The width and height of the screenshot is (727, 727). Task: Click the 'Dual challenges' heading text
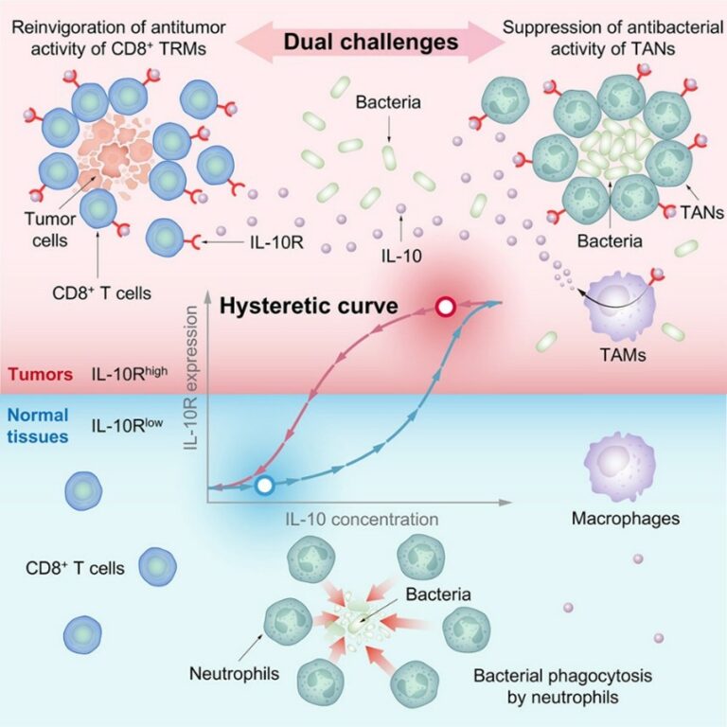tap(371, 43)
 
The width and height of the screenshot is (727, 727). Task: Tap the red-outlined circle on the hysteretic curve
tap(446, 307)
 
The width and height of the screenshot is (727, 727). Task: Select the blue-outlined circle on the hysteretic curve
tap(265, 486)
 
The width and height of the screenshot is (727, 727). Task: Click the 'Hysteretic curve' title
tap(309, 306)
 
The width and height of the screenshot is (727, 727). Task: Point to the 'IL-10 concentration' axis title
tap(363, 520)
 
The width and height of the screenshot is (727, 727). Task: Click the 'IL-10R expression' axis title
tap(190, 378)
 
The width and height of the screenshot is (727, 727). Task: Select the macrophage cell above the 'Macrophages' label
tap(620, 467)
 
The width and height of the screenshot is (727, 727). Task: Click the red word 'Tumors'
tap(41, 374)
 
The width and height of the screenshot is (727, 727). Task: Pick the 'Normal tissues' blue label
tap(38, 426)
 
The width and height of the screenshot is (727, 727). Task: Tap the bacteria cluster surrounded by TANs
tap(612, 148)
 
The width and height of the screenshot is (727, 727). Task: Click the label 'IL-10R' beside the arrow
tap(276, 242)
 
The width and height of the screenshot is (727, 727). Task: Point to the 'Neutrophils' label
tap(234, 673)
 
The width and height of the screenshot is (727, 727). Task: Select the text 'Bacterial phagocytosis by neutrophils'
tap(563, 686)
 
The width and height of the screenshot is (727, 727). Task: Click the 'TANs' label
tap(702, 212)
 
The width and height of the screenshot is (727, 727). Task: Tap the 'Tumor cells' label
tap(50, 229)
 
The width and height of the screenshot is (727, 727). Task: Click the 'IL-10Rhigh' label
tap(130, 373)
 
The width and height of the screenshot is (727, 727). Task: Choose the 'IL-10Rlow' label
tap(127, 425)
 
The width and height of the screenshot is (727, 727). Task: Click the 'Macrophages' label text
tap(626, 519)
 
